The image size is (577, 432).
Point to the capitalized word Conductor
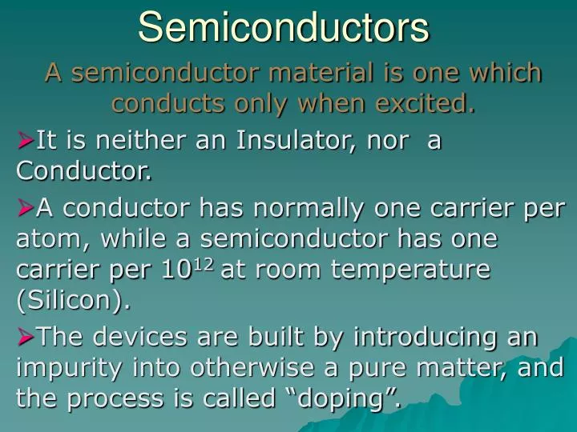pos(83,170)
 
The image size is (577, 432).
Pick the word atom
pos(41,239)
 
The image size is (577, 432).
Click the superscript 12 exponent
pos(203,262)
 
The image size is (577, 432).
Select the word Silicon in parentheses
pos(72,300)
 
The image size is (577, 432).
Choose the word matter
pos(462,367)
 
